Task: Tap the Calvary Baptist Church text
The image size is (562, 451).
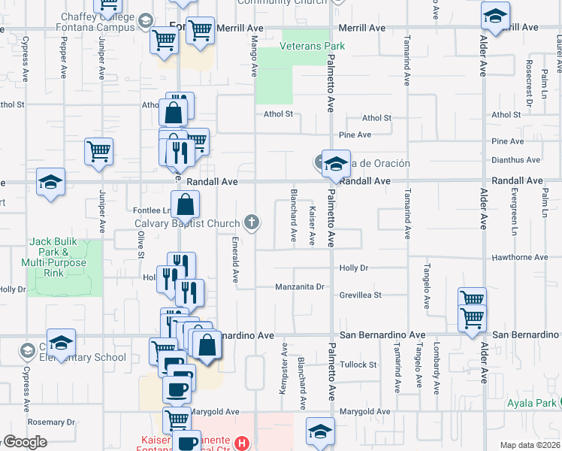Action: coord(188,223)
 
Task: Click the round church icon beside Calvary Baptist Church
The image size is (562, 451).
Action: coord(252,222)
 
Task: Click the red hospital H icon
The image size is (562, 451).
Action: coord(241,443)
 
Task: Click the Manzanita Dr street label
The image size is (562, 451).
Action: coord(299,286)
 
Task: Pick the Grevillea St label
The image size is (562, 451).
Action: coord(361,295)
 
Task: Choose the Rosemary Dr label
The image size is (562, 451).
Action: coord(50,422)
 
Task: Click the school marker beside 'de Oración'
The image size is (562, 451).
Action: coord(336,163)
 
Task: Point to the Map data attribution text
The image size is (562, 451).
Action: coord(530,445)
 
